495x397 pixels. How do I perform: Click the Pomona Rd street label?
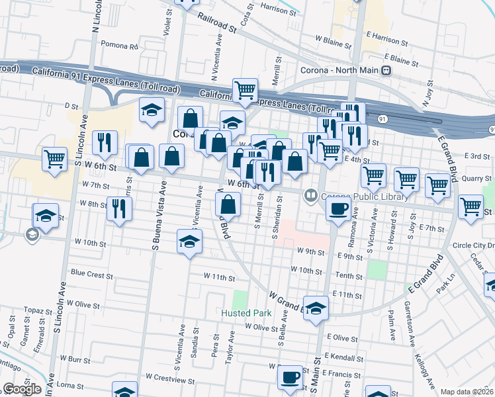coord(120,47)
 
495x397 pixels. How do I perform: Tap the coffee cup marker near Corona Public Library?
coord(338,209)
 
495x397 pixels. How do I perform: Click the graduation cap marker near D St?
coord(152,109)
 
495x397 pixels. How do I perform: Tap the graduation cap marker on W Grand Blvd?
coord(316,308)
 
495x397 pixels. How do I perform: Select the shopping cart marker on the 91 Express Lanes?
coord(245,89)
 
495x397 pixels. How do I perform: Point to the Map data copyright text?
coord(467,392)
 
